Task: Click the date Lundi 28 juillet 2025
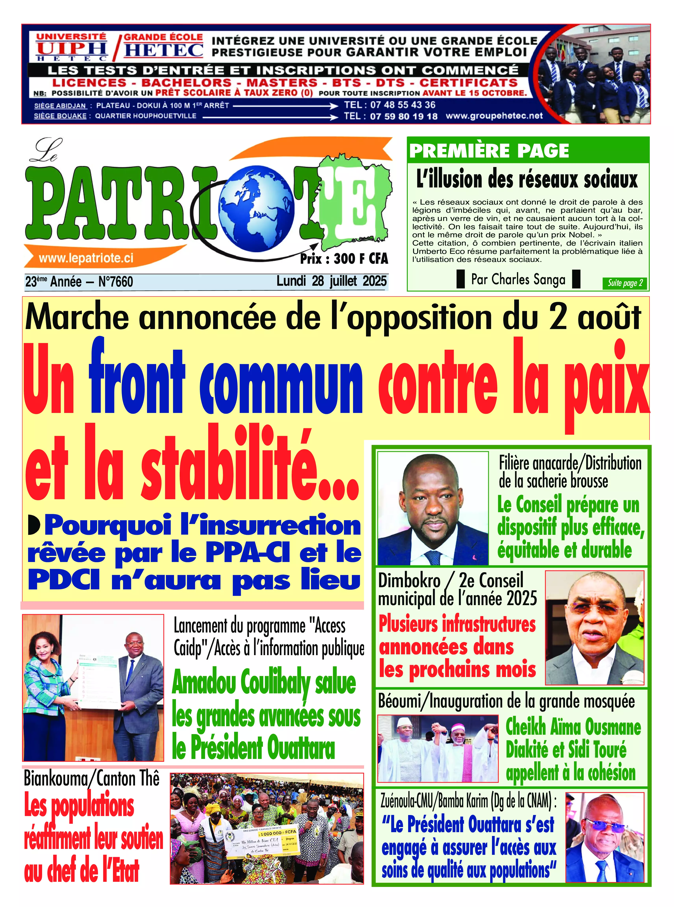[x=331, y=281]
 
